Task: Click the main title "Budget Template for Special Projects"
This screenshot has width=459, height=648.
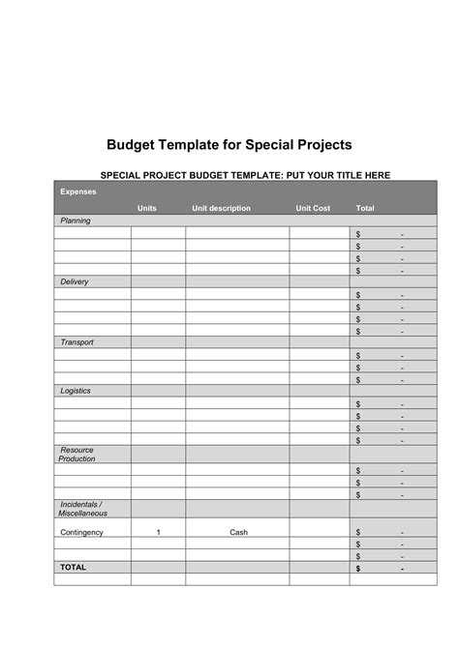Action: (229, 144)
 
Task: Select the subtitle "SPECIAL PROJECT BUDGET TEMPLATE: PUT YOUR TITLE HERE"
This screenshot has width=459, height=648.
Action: (246, 175)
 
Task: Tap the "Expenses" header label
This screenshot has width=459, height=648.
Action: (77, 191)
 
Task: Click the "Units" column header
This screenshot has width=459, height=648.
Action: (147, 208)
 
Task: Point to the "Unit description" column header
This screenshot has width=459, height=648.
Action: (221, 208)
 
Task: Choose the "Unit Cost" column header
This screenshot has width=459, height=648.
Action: (313, 208)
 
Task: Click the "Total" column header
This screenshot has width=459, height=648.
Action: (365, 208)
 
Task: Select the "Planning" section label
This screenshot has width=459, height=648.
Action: (76, 221)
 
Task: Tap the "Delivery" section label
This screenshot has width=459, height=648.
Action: (75, 281)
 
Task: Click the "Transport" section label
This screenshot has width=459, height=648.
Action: (76, 342)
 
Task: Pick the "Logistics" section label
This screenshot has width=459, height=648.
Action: (76, 391)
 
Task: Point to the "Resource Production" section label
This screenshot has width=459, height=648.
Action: (76, 455)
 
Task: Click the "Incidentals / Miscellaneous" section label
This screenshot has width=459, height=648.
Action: (81, 509)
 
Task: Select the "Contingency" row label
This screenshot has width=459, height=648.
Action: (81, 532)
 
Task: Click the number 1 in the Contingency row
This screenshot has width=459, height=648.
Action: (158, 532)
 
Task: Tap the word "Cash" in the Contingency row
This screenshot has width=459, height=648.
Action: (238, 532)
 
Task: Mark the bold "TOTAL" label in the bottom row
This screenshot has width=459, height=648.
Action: (74, 568)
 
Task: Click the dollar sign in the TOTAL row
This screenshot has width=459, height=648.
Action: (357, 569)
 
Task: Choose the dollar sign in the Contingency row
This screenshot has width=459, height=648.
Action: (357, 532)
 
